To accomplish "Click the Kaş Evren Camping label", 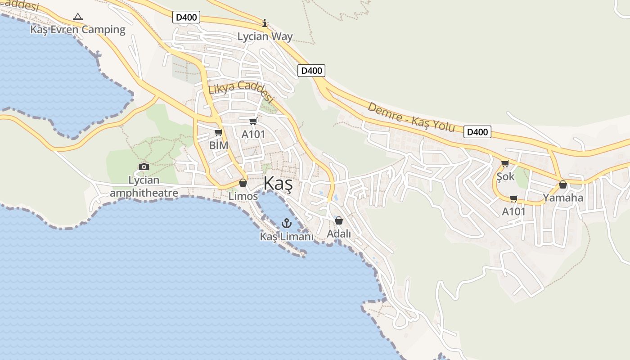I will pyautogui.click(x=78, y=30).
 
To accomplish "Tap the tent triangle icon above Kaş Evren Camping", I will pyautogui.click(x=78, y=17).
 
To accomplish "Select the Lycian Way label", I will pyautogui.click(x=265, y=37).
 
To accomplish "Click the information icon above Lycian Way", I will pyautogui.click(x=265, y=23).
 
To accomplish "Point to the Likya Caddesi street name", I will pyautogui.click(x=242, y=91).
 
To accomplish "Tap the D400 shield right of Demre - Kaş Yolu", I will pyautogui.click(x=477, y=132).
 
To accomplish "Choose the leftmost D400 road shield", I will pyautogui.click(x=186, y=18).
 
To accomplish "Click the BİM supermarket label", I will pyautogui.click(x=219, y=145).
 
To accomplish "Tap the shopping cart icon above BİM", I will pyautogui.click(x=218, y=132).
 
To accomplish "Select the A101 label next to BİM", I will pyautogui.click(x=253, y=134).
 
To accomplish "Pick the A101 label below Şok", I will pyautogui.click(x=514, y=211).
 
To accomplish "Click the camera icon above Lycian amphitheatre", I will pyautogui.click(x=144, y=166).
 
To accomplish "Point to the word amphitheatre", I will pyautogui.click(x=144, y=193).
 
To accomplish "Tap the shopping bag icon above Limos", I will pyautogui.click(x=243, y=183).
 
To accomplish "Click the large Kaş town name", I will pyautogui.click(x=278, y=184).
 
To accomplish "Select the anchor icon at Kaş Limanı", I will pyautogui.click(x=287, y=223).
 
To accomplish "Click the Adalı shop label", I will pyautogui.click(x=339, y=234).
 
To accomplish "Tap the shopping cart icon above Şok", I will pyautogui.click(x=505, y=163).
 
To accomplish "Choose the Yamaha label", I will pyautogui.click(x=563, y=198).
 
